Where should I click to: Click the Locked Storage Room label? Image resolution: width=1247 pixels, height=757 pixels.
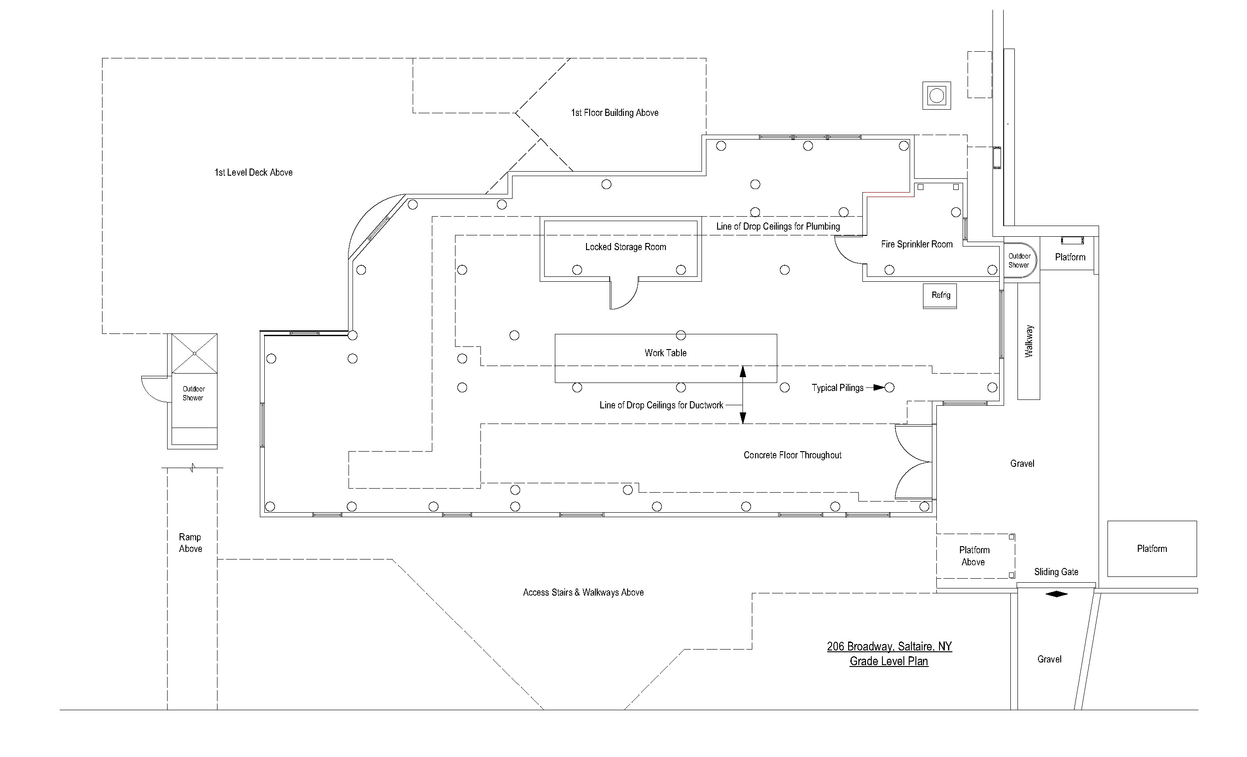626,247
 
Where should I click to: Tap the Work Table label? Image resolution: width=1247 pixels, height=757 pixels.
665,353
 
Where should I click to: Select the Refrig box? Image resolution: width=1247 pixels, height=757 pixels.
940,296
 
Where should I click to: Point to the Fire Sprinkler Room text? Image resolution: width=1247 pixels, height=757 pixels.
916,244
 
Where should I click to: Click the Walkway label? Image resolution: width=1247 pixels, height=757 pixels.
1029,341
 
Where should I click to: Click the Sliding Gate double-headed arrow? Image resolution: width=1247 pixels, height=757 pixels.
1056,594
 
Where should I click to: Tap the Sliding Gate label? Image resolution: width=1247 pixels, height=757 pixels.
1056,572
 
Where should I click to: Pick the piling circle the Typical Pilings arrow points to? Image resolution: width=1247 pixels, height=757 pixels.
889,388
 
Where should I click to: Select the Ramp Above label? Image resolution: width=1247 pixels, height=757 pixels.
190,543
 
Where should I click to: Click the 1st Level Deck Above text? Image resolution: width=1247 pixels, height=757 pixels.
254,173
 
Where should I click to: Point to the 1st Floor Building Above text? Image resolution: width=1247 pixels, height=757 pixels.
615,113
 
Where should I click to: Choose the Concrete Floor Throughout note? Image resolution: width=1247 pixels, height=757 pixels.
792,455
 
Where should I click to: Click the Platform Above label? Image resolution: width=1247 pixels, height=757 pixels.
974,556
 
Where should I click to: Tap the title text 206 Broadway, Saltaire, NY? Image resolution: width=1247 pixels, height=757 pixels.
889,646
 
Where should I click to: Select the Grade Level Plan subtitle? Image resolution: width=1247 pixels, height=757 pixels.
889,661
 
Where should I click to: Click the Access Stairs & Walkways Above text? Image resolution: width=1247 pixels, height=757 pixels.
583,592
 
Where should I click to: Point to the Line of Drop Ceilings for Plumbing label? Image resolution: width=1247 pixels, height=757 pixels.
778,226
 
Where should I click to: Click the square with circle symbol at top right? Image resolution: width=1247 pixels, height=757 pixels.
936,95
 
